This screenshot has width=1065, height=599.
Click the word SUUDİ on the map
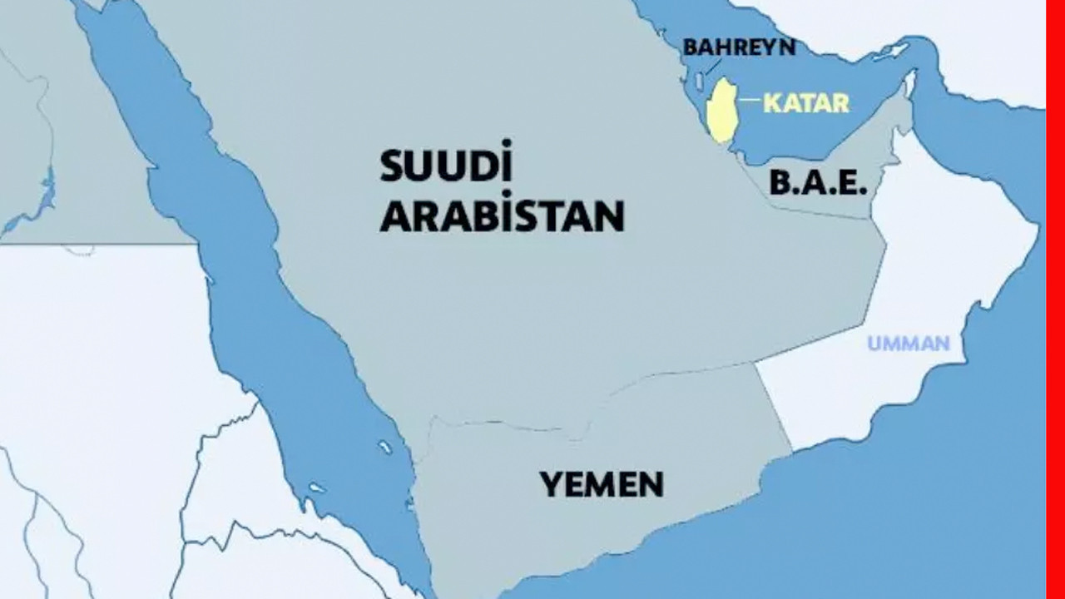[x=446, y=166]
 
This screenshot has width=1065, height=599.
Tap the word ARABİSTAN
[x=502, y=215]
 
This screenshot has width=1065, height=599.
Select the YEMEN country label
[x=602, y=484]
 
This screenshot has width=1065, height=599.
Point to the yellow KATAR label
[x=806, y=103]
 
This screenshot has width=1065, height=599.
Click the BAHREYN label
[x=739, y=47]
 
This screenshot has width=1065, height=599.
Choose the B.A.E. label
[x=818, y=183]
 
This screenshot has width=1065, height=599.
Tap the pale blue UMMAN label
[x=908, y=343]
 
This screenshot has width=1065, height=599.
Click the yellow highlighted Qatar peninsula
[x=721, y=111]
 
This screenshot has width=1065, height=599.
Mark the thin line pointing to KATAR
[x=750, y=101]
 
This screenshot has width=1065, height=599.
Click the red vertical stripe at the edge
[x=1055, y=299]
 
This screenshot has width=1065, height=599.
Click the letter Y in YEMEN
[x=549, y=484]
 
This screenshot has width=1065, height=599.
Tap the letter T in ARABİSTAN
[x=544, y=215]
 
